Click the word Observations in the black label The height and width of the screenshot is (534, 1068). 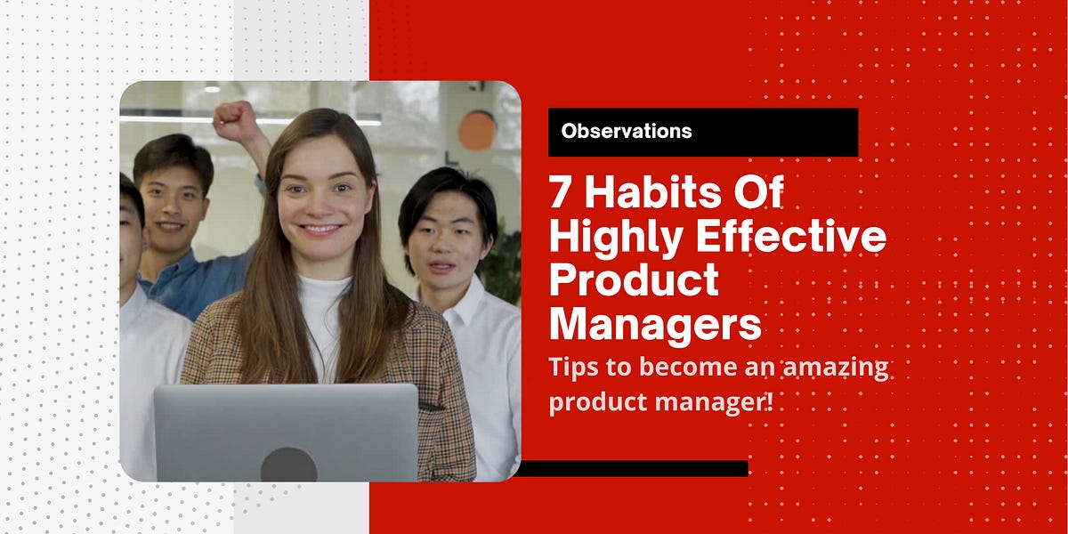[x=626, y=131]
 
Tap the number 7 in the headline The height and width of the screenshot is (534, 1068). [x=562, y=193]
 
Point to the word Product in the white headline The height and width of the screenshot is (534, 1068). [x=634, y=281]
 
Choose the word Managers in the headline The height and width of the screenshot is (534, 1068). [x=655, y=325]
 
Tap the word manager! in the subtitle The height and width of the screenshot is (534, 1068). [x=719, y=401]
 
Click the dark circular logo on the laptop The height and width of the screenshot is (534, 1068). [x=288, y=465]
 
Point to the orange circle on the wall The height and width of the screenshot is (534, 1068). [x=477, y=130]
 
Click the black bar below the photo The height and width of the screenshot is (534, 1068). [x=632, y=468]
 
